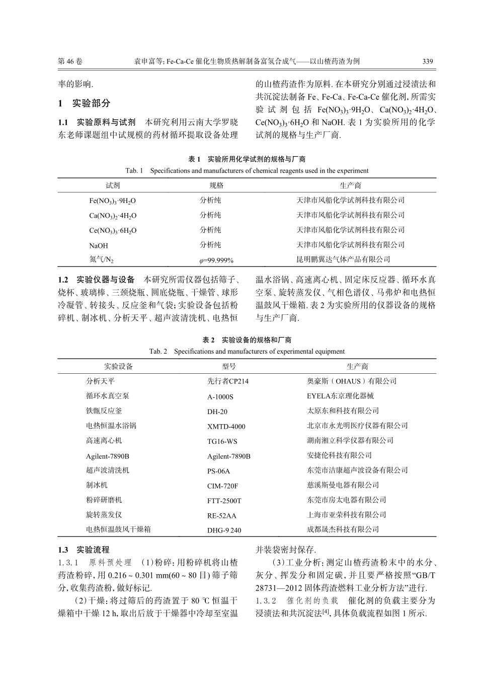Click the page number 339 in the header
pos(427,61)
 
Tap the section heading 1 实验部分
pos(84,103)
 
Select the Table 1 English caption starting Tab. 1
pos(247,170)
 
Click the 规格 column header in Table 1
pos(216,185)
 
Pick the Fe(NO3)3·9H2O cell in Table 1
pos(113,200)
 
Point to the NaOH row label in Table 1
pos(99,245)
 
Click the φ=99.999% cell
pos(216,260)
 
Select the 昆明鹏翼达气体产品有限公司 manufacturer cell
pos(343,259)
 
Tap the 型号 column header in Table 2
pos(228,366)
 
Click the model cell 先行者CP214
pos(227,381)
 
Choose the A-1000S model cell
pos(220,396)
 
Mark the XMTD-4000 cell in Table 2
pos(226,426)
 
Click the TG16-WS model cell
pos(222,441)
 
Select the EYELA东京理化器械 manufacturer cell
pos(340,396)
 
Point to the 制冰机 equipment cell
pos(97,485)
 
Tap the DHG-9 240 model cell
pos(224,530)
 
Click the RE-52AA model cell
pos(221,515)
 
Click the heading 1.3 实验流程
pos(84,550)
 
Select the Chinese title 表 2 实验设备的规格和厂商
pos(247,340)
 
